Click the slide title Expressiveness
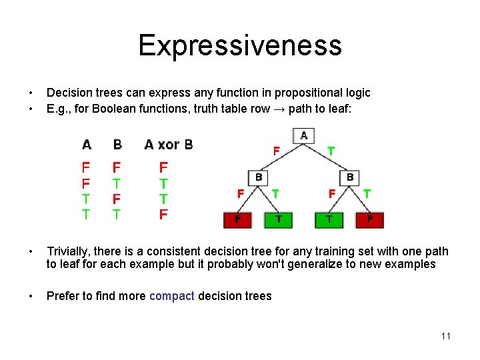240,45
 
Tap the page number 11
445,336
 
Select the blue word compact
172,296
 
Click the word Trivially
68,251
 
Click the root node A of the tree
304,136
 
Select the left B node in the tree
258,178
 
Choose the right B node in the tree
350,178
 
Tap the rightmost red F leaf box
370,219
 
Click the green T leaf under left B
278,219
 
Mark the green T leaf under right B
329,219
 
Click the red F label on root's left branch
276,151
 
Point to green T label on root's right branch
331,151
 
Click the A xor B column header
168,145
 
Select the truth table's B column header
117,145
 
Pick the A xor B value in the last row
163,214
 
